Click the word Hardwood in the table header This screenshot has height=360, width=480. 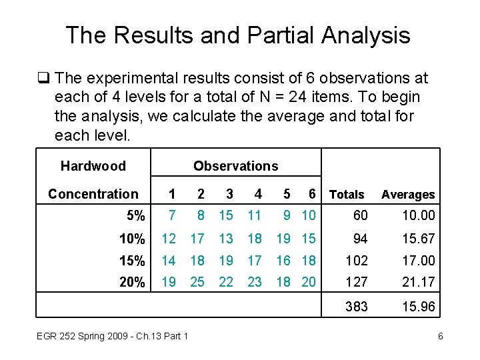coord(93,165)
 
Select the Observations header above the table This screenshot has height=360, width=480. coord(235,166)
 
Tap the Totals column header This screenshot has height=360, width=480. coord(347,195)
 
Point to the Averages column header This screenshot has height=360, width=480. coord(408,195)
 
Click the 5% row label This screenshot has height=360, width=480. coord(135,216)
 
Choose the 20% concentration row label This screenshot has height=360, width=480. coord(132,282)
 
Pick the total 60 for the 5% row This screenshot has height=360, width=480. coord(360,216)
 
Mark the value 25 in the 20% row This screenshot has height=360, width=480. coord(197,282)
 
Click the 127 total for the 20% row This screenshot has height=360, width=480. coord(357,282)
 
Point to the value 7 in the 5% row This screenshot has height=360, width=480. coord(172,216)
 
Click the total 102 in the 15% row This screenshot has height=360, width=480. coord(357,260)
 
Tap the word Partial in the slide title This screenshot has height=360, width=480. coord(263,35)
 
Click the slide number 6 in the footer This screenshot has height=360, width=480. coord(440,336)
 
